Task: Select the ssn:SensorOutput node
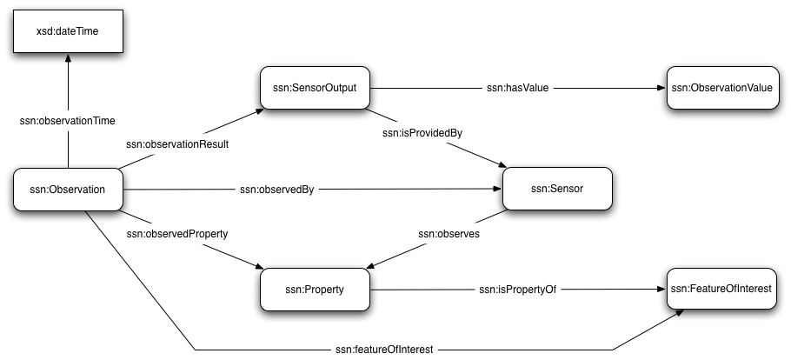click(315, 88)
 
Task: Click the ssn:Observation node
click(67, 189)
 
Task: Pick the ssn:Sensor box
click(556, 189)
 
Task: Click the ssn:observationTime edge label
click(68, 121)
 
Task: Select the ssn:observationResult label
click(178, 144)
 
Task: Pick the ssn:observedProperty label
click(179, 234)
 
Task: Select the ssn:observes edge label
click(449, 234)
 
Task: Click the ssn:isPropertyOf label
click(516, 289)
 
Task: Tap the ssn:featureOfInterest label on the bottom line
click(386, 349)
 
